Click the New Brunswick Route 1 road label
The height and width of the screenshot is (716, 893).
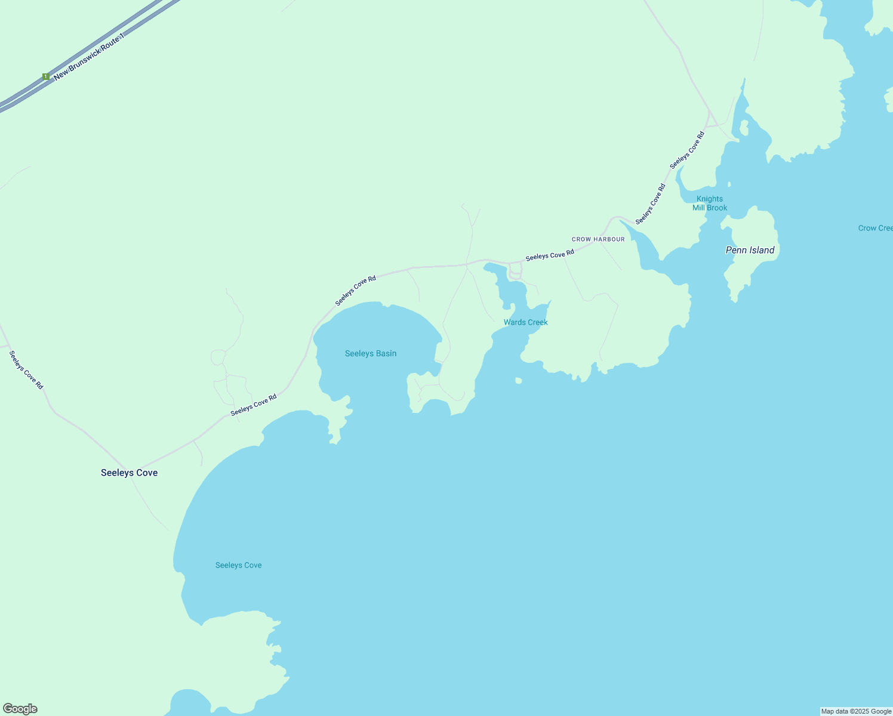[90, 57]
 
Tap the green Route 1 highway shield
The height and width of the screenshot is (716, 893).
[45, 76]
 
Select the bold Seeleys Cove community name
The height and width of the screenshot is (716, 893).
[129, 473]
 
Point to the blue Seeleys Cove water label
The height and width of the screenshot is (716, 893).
[238, 565]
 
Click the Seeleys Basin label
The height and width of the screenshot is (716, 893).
[370, 353]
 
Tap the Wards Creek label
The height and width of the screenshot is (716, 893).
[525, 322]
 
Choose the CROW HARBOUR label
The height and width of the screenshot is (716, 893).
[598, 239]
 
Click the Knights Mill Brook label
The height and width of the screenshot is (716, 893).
[710, 203]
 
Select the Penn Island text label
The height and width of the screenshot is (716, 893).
[750, 250]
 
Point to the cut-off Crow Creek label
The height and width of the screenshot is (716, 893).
[875, 228]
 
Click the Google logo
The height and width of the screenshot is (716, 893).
[20, 709]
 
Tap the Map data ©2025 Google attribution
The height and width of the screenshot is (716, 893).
[856, 711]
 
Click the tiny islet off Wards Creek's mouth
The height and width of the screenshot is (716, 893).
[518, 380]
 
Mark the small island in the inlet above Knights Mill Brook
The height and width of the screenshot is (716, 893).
[744, 128]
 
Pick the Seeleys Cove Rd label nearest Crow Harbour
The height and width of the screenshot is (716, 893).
[550, 255]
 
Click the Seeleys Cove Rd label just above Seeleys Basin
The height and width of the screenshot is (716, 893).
[356, 291]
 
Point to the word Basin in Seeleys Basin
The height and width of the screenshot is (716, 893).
[386, 353]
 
